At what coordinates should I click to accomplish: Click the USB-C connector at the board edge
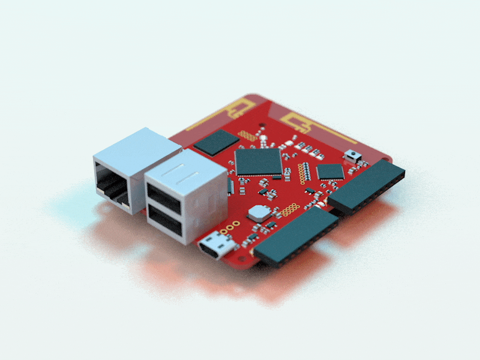click(x=214, y=245)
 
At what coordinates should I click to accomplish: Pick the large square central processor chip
click(x=259, y=161)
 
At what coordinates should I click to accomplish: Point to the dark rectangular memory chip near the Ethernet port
click(x=217, y=142)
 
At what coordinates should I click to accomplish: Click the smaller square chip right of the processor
click(x=330, y=172)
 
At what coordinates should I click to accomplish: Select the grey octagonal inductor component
click(x=259, y=212)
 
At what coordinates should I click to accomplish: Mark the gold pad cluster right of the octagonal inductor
click(x=290, y=209)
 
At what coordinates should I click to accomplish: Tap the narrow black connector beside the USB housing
click(x=231, y=187)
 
